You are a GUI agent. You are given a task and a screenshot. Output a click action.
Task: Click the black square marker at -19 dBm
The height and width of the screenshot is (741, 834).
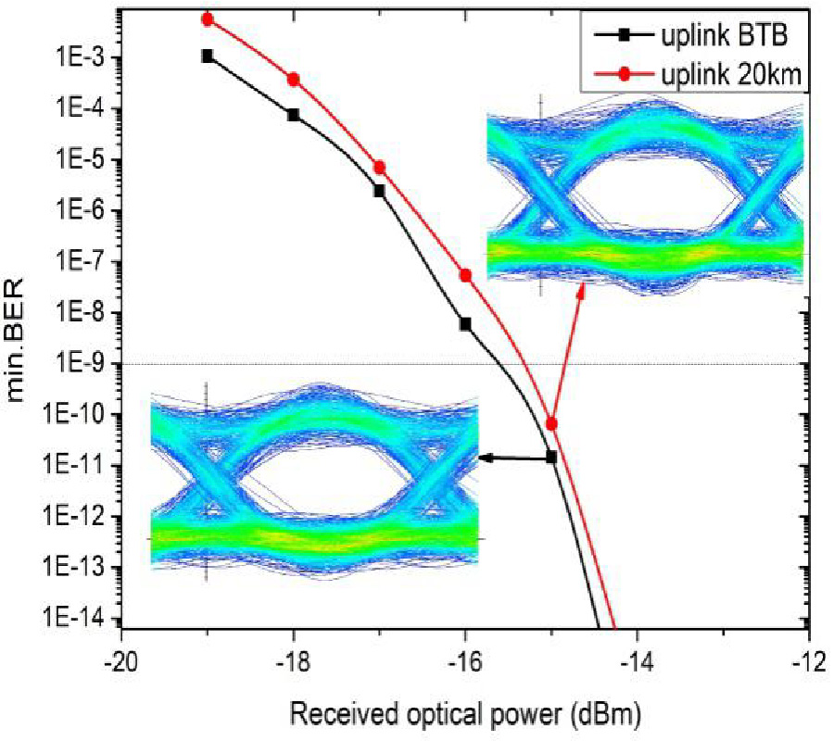(x=208, y=56)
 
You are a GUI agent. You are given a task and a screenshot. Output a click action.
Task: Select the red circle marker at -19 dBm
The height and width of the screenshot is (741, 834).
(x=208, y=19)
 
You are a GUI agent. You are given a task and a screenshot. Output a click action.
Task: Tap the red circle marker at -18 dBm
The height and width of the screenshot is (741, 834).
(x=294, y=80)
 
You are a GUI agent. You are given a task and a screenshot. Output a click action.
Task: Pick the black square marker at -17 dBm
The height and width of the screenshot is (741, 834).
(x=380, y=191)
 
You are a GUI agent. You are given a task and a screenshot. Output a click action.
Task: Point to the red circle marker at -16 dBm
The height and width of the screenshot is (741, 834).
(x=465, y=275)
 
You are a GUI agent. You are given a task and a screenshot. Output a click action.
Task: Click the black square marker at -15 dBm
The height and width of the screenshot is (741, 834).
(x=551, y=457)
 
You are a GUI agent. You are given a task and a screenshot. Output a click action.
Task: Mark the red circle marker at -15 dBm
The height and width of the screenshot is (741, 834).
(x=551, y=423)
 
